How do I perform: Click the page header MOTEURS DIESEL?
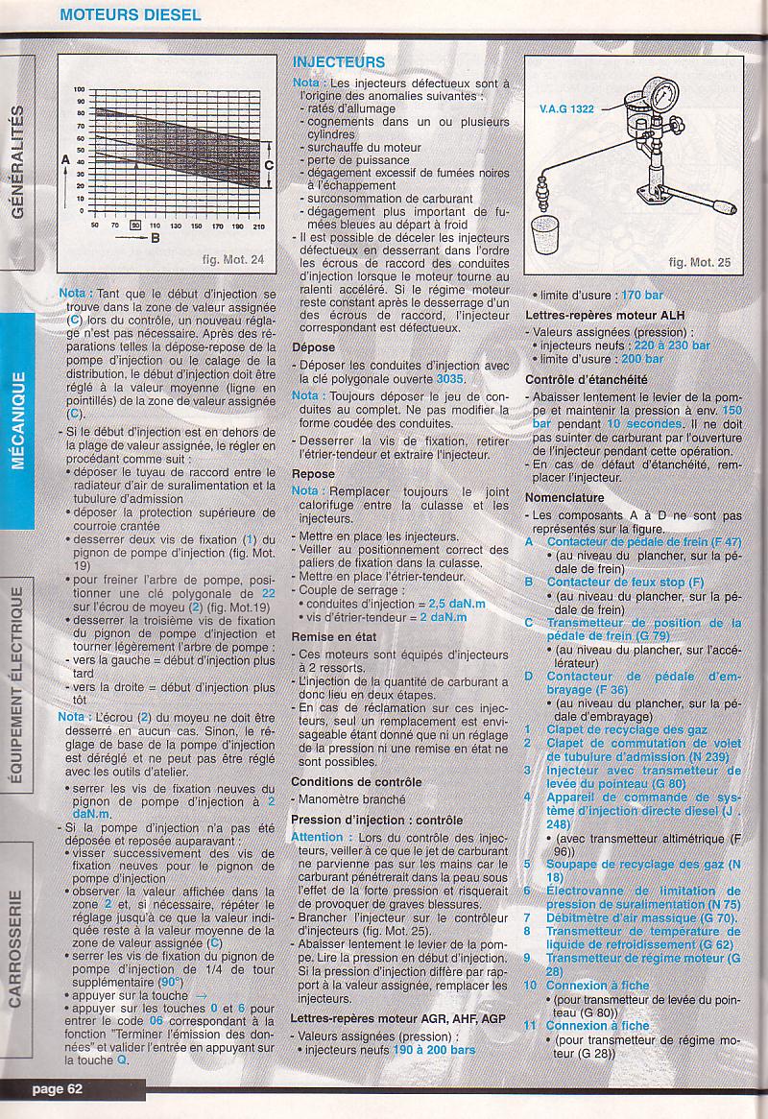(x=130, y=14)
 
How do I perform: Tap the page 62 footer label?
(x=57, y=1087)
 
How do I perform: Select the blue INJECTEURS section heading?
(x=338, y=62)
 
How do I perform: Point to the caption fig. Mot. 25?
(x=699, y=261)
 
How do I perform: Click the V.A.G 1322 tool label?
(x=566, y=108)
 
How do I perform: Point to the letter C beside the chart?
(x=269, y=164)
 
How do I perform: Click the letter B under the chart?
(x=156, y=239)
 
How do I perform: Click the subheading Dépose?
(x=314, y=347)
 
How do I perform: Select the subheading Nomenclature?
(x=564, y=497)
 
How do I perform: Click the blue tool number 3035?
(x=449, y=379)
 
